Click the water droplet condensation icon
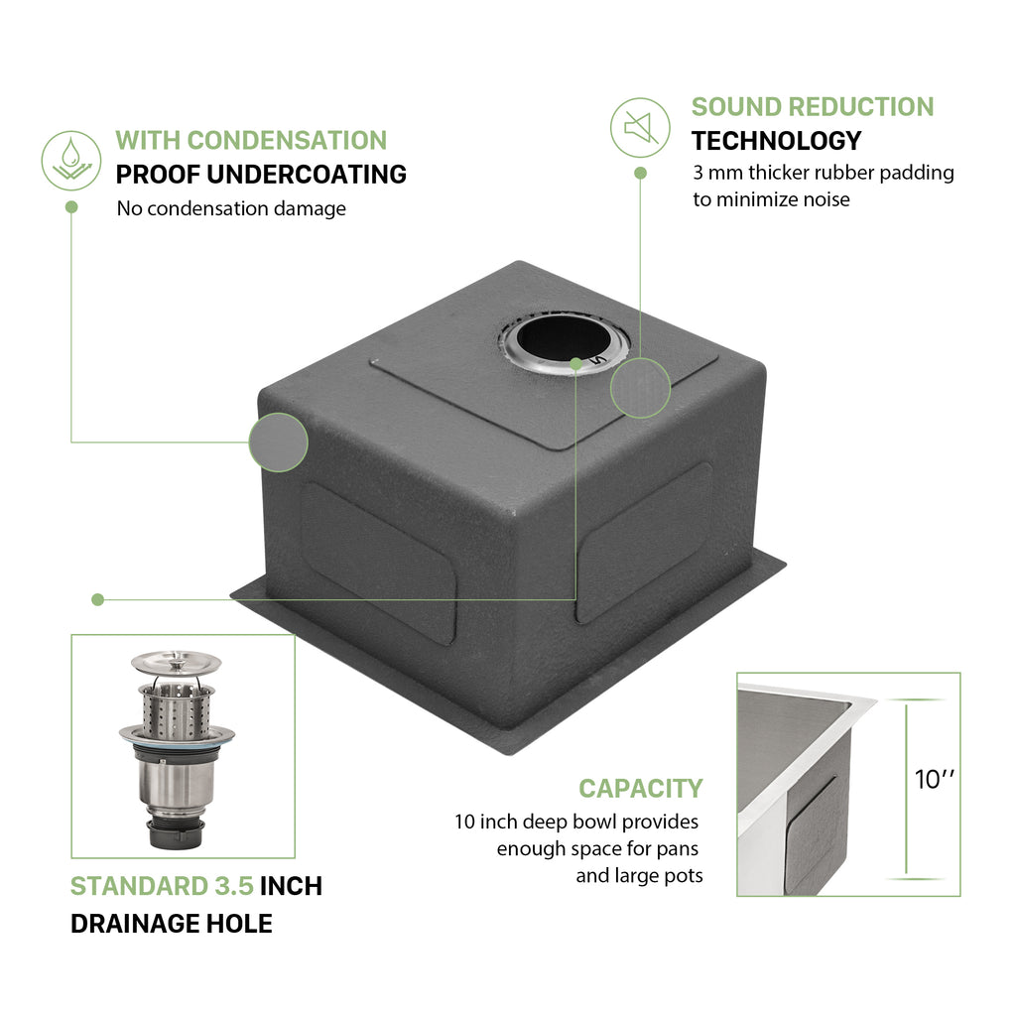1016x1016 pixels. pyautogui.click(x=71, y=160)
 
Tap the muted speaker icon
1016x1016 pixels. pyautogui.click(x=640, y=128)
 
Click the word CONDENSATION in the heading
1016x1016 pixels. pyautogui.click(x=287, y=141)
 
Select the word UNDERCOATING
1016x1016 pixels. pyautogui.click(x=307, y=175)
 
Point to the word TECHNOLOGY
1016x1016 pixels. pyautogui.click(x=776, y=141)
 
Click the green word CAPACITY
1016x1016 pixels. pyautogui.click(x=640, y=789)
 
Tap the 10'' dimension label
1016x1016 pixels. pyautogui.click(x=934, y=779)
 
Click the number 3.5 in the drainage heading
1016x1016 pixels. pyautogui.click(x=233, y=886)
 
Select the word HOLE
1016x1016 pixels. pyautogui.click(x=239, y=924)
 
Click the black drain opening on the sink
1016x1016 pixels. pyautogui.click(x=564, y=337)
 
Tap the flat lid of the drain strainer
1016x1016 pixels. pyautogui.click(x=177, y=663)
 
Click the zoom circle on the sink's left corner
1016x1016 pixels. pyautogui.click(x=278, y=443)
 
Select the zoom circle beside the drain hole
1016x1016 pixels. pyautogui.click(x=640, y=388)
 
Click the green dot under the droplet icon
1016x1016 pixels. pyautogui.click(x=71, y=206)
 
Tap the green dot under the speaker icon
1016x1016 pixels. pyautogui.click(x=640, y=173)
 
